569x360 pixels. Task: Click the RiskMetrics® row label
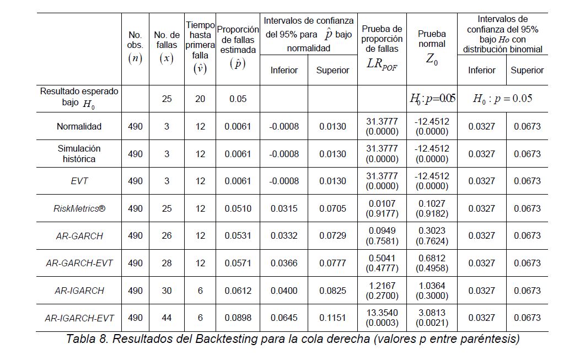point(79,208)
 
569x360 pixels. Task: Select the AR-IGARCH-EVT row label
point(79,318)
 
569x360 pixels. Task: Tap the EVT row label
point(79,181)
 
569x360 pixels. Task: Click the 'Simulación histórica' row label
point(79,154)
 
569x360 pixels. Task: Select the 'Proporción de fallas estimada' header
point(238,46)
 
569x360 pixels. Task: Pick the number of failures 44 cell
point(167,318)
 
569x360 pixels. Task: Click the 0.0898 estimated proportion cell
point(238,318)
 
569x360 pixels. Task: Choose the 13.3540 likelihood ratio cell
point(382,313)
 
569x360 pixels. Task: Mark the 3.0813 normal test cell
point(432,313)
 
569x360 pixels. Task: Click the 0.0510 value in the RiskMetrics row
point(238,208)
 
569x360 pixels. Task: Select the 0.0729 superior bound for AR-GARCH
point(332,236)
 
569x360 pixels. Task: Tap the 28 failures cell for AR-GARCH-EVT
point(167,264)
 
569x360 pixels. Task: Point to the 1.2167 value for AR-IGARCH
point(382,286)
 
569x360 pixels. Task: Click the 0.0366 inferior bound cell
point(284,264)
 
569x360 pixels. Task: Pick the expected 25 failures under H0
point(167,99)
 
